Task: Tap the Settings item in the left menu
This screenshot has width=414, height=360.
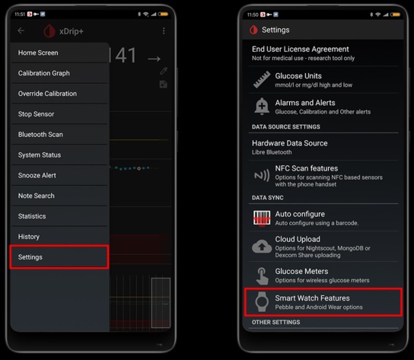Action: coord(30,257)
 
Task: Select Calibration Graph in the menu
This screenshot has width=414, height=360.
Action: coord(44,73)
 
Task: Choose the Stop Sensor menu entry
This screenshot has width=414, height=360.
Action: coord(36,114)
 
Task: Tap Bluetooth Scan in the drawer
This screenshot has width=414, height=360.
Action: coord(40,135)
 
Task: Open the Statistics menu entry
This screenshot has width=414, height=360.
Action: coord(32,216)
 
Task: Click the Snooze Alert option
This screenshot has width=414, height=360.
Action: coord(37,175)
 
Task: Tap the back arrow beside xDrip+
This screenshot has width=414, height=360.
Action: coord(21,30)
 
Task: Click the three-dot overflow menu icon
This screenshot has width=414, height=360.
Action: coord(164,31)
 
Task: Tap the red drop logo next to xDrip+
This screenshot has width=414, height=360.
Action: coord(49,31)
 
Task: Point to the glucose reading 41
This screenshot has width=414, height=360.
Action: coord(126,56)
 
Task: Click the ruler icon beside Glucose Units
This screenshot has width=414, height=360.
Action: coord(262,79)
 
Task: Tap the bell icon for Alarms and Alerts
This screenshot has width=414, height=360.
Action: coord(262,107)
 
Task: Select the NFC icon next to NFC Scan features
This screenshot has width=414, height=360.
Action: coord(262,175)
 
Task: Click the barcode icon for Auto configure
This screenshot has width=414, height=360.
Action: coord(262,218)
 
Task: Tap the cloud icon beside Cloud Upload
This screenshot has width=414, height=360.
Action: coord(262,246)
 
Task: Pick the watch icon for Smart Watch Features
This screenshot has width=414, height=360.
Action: coord(262,301)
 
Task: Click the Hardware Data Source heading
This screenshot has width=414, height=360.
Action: coord(290,143)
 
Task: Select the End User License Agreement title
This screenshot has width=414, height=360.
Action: coord(300,49)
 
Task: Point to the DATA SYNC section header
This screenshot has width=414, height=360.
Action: coord(267,198)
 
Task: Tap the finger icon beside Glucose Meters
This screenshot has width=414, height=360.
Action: coord(262,276)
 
